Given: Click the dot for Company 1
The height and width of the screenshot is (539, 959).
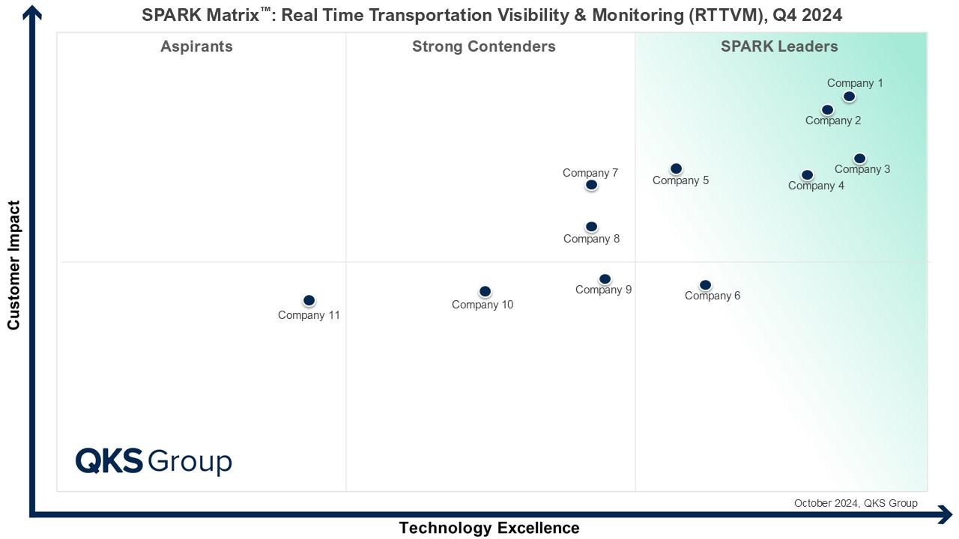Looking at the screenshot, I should tap(849, 97).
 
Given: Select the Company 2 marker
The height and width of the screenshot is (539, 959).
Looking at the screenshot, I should tap(827, 110).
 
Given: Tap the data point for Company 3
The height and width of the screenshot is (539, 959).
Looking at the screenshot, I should tap(859, 159).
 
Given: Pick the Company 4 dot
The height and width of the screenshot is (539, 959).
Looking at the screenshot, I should tap(807, 175).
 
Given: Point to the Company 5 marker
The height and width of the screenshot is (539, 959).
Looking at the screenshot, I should tap(676, 169).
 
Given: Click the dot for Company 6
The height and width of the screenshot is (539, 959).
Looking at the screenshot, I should tap(705, 285).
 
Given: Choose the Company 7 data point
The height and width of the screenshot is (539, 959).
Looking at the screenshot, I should tap(591, 185).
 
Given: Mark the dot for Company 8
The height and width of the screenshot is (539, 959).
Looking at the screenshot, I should tap(591, 227).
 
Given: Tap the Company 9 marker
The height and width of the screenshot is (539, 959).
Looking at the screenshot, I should tap(605, 279).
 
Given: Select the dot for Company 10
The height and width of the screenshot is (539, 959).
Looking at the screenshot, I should tap(485, 291).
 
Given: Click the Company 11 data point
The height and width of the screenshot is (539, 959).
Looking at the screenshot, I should tap(309, 300).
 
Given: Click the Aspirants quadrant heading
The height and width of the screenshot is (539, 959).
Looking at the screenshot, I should tap(196, 46).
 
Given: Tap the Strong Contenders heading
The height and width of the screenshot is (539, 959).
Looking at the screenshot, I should tap(484, 46).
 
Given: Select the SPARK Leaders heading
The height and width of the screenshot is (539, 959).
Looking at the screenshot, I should tap(779, 46).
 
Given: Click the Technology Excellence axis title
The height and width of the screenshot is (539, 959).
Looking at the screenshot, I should tap(489, 528).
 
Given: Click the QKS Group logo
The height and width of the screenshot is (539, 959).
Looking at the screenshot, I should tap(154, 461).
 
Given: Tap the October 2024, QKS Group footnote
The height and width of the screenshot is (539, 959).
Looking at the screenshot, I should tap(856, 503).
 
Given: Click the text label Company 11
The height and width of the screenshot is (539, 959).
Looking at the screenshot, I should tap(309, 315).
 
